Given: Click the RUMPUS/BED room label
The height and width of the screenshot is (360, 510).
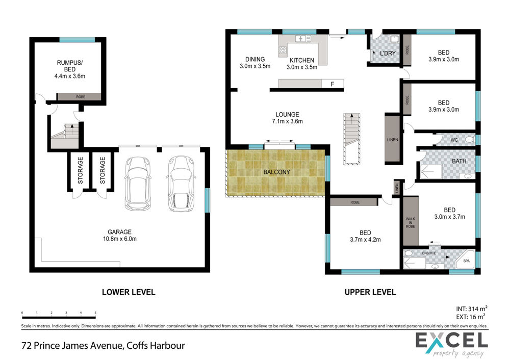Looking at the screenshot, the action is [69, 69].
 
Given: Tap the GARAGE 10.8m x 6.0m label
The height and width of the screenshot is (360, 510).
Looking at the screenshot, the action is [120, 235].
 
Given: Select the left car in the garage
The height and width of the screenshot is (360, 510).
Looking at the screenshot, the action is [138, 183].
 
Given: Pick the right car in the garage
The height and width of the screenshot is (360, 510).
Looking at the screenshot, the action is [181, 184].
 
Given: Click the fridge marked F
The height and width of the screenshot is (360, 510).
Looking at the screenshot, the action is [333, 84].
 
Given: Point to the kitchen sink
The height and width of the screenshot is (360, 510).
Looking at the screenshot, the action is [303, 39].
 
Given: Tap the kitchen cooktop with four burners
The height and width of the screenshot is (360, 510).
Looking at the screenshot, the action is [283, 50].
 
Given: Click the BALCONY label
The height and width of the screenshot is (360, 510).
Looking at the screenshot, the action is [276, 172].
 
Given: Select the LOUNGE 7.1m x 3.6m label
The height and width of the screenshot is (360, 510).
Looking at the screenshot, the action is [287, 118].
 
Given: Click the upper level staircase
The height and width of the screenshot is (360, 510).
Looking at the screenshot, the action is [351, 139].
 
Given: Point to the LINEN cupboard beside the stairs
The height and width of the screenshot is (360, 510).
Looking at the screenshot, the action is [392, 139].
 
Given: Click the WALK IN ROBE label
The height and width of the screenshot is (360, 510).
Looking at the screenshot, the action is [410, 222].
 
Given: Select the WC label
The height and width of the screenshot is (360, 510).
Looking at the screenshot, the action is [454, 140].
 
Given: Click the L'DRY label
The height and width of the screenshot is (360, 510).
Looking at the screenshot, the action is [388, 54].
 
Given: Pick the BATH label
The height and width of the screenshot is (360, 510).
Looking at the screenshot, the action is [459, 161].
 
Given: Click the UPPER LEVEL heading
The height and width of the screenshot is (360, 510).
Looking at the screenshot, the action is [370, 292].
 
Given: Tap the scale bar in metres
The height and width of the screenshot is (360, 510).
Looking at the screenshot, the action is [59, 316].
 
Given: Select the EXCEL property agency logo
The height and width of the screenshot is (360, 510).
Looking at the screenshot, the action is [452, 344].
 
